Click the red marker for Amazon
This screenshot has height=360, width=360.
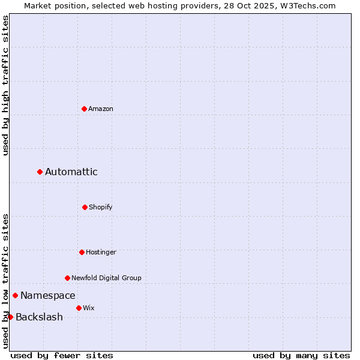click(x=84, y=109)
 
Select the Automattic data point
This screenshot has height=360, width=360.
click(x=40, y=172)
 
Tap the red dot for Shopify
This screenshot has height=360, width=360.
click(x=85, y=207)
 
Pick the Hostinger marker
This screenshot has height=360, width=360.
click(x=82, y=252)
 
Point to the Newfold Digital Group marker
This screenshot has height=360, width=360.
click(x=67, y=278)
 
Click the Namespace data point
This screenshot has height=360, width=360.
click(x=15, y=295)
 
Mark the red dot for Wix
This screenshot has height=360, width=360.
click(x=79, y=308)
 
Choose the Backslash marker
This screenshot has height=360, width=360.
click(x=10, y=317)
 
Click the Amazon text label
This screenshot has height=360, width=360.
click(x=101, y=109)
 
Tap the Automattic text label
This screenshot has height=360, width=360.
click(x=71, y=172)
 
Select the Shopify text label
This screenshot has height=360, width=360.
click(x=101, y=207)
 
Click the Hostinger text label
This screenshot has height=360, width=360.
click(x=101, y=252)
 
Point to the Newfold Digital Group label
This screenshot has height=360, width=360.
click(x=107, y=278)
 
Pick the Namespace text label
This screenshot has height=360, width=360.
click(x=48, y=295)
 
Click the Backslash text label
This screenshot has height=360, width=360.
click(x=39, y=317)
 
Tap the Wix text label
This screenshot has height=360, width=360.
click(x=89, y=308)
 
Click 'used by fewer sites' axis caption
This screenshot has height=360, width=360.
click(x=62, y=355)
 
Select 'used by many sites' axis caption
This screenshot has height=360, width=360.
click(x=301, y=355)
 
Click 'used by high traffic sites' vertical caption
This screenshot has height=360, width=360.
click(x=5, y=85)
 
